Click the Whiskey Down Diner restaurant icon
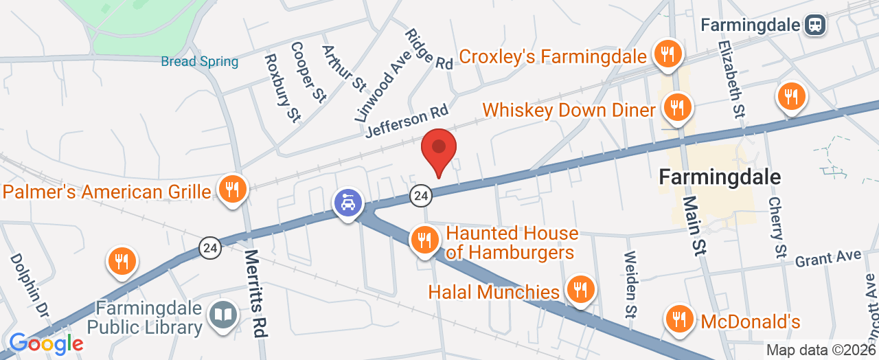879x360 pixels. [676, 106]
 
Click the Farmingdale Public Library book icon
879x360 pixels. [223, 315]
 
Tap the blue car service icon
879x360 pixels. [348, 202]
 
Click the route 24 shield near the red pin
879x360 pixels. [422, 196]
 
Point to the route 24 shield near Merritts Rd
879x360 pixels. [210, 248]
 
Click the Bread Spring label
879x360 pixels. [200, 62]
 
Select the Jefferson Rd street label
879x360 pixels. [407, 120]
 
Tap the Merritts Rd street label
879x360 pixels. [255, 293]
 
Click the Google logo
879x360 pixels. [46, 343]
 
